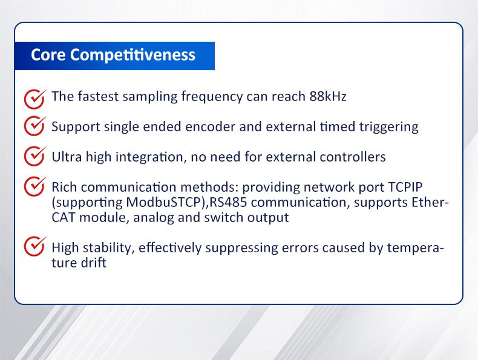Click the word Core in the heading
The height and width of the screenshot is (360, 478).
tap(48, 55)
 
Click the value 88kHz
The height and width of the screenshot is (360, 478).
tap(328, 96)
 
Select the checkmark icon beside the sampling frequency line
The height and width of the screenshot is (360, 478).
tap(34, 99)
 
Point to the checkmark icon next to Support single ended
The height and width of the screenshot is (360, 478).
tap(34, 126)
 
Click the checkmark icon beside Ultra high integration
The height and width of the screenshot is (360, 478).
tap(34, 155)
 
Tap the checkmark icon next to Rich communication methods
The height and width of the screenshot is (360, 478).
tap(34, 186)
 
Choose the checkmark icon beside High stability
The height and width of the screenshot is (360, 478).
tap(34, 246)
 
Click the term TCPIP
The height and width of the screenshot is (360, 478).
tap(405, 187)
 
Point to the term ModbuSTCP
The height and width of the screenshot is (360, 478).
tap(163, 202)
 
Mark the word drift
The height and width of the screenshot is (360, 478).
tap(94, 263)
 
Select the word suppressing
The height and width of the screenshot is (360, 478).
tap(241, 249)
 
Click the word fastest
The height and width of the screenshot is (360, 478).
tap(98, 96)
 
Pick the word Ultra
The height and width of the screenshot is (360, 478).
tap(67, 157)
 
